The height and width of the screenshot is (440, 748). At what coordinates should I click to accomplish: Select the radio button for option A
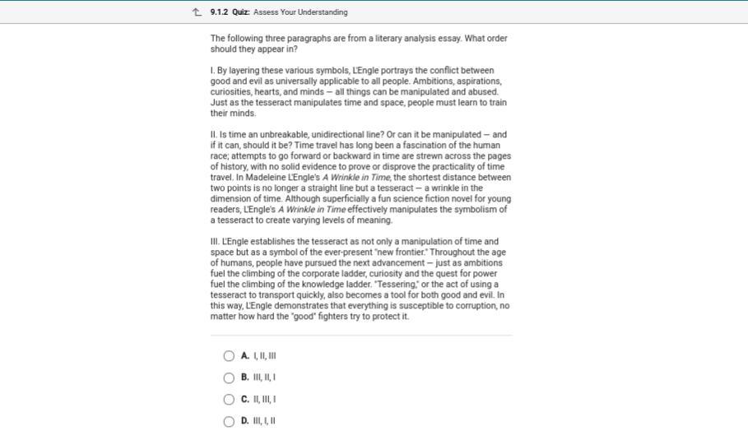point(229,356)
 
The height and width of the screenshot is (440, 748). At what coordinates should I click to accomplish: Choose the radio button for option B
point(229,377)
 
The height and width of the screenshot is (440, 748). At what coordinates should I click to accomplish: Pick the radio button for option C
point(229,400)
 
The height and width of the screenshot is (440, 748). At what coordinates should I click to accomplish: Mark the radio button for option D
point(229,421)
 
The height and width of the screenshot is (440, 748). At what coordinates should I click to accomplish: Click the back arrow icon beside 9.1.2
point(197,12)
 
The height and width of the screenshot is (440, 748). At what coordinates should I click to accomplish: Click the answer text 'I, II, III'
point(264,356)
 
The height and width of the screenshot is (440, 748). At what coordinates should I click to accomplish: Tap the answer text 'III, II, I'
point(264,377)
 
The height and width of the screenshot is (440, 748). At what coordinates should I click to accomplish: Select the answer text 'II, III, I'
point(264,400)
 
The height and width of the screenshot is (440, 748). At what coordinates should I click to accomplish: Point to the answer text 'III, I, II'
point(264,421)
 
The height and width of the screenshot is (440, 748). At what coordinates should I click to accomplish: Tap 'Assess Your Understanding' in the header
point(300,12)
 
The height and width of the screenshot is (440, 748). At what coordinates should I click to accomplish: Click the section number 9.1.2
point(219,12)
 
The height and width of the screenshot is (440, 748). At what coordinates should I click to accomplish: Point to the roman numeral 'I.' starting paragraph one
point(212,71)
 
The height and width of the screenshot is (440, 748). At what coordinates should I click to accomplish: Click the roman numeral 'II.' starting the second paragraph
point(214,135)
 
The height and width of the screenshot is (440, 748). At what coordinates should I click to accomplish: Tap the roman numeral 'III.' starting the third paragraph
point(216,242)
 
